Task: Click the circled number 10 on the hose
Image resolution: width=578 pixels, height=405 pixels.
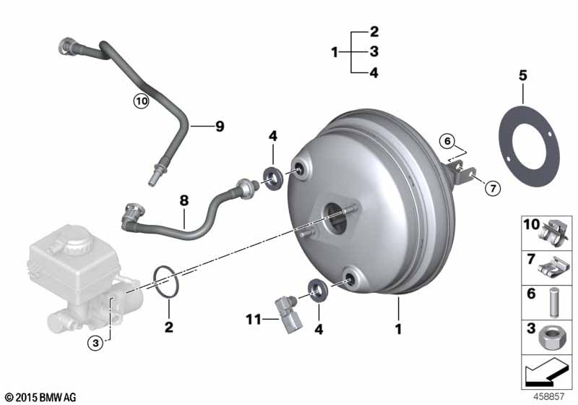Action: tap(141, 101)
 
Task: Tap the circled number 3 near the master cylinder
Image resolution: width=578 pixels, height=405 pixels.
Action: tap(95, 344)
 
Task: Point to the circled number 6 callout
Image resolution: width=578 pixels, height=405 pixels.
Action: tap(447, 141)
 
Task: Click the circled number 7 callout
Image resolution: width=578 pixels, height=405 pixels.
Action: tap(493, 189)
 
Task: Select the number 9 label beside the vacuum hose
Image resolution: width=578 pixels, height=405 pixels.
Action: tap(220, 127)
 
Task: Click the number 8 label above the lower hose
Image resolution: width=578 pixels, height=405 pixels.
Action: tap(184, 200)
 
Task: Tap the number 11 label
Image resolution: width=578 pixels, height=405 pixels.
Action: tap(254, 320)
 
